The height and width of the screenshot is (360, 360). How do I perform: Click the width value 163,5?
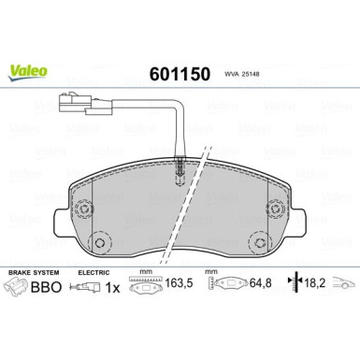click(x=180, y=289)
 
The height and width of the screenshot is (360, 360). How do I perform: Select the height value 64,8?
click(x=261, y=289)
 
